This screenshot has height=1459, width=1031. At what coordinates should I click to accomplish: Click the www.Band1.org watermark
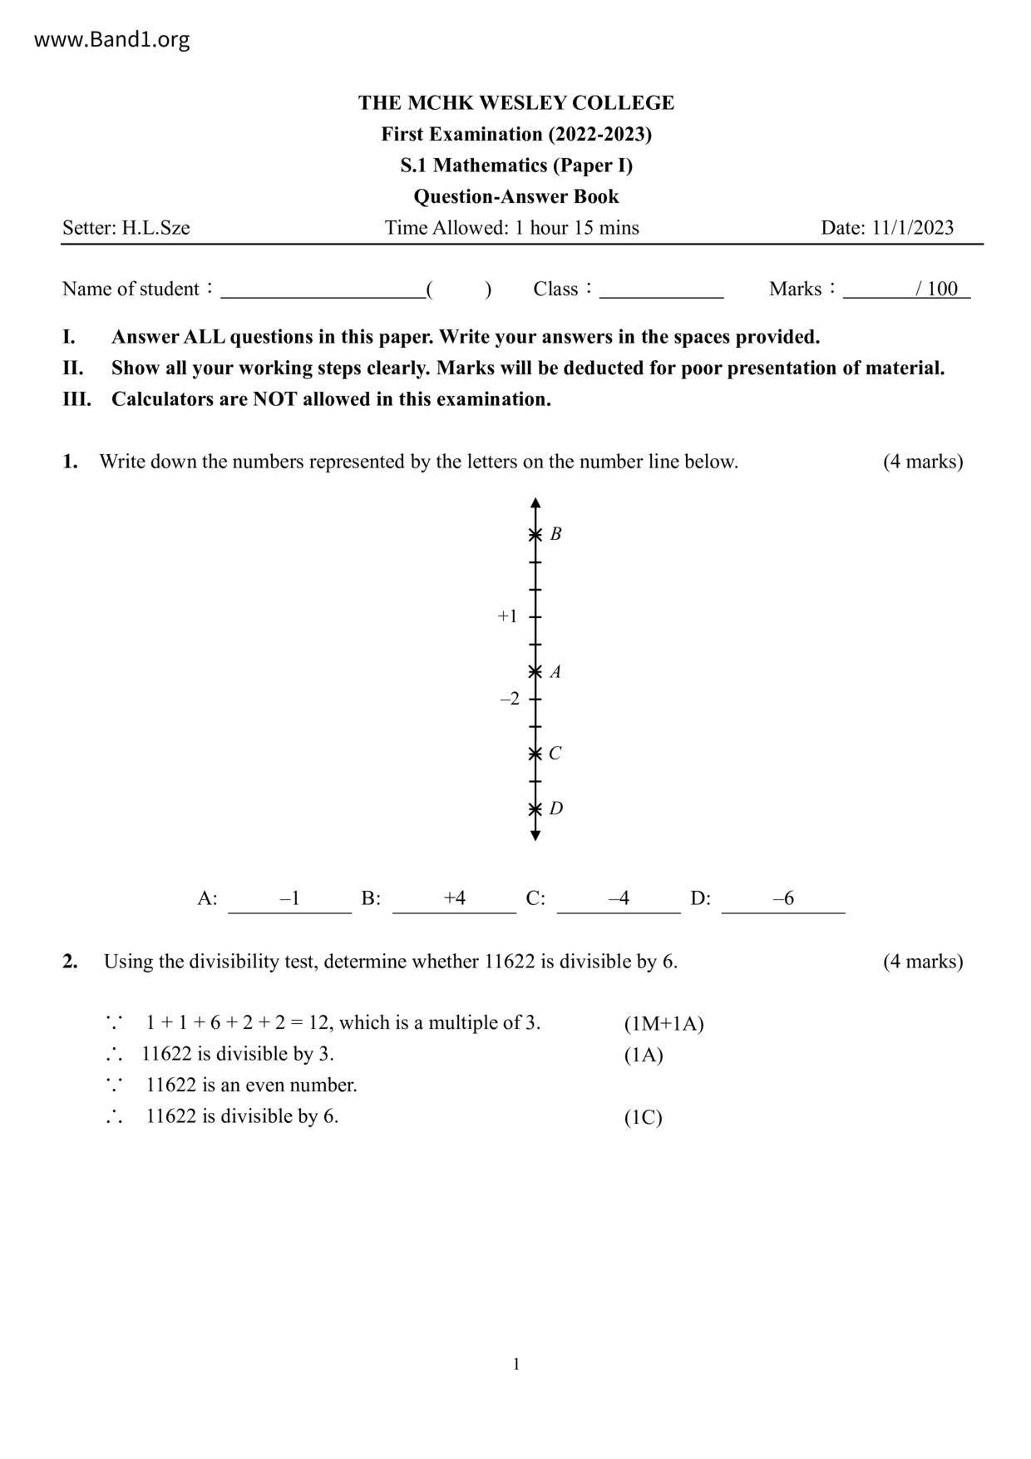pyautogui.click(x=111, y=39)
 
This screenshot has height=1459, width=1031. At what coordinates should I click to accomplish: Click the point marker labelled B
pyautogui.click(x=535, y=534)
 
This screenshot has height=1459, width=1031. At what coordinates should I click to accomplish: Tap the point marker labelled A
pyautogui.click(x=535, y=671)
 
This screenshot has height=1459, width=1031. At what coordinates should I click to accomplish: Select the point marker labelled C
pyautogui.click(x=535, y=754)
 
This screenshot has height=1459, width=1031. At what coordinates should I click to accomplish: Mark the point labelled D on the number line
pyautogui.click(x=535, y=809)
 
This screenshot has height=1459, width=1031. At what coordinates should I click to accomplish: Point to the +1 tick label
pyautogui.click(x=507, y=616)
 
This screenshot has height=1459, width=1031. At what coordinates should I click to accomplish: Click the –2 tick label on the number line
pyautogui.click(x=510, y=699)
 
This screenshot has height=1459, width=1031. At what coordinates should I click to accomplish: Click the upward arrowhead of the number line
pyautogui.click(x=535, y=503)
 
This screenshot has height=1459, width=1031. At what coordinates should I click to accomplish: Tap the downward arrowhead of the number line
pyautogui.click(x=535, y=835)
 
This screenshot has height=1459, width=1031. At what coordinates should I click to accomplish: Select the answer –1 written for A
pyautogui.click(x=289, y=898)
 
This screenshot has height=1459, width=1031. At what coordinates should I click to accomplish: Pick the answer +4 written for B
pyautogui.click(x=454, y=898)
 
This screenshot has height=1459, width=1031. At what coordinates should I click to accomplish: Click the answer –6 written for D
pyautogui.click(x=783, y=898)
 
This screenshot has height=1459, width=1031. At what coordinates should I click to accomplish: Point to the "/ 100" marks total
pyautogui.click(x=936, y=289)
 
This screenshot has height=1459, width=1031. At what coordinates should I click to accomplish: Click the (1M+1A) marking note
pyautogui.click(x=663, y=1024)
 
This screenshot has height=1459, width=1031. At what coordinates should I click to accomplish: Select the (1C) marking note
pyautogui.click(x=643, y=1117)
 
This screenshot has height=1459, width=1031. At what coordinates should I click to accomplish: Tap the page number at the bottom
pyautogui.click(x=516, y=1364)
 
